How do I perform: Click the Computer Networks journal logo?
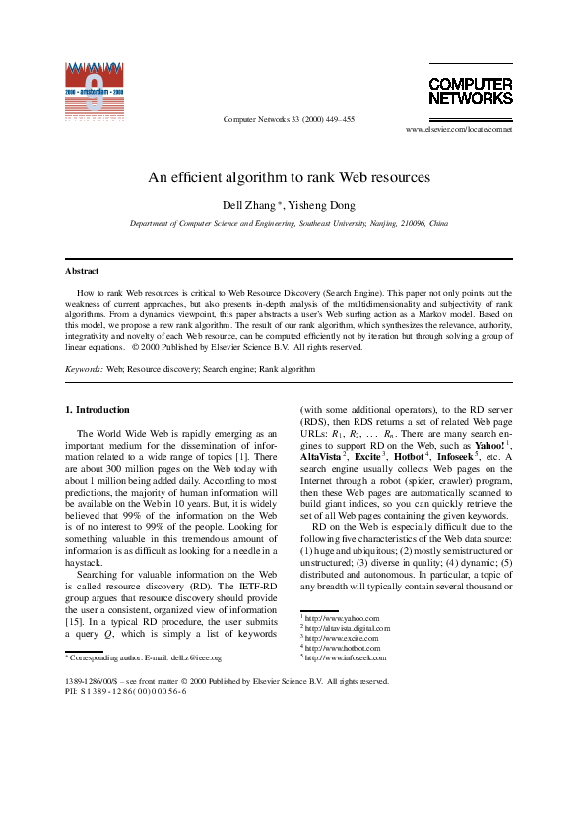click(471, 90)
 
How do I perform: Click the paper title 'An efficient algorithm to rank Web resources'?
click(290, 178)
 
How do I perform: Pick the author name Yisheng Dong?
click(324, 205)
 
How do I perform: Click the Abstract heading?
click(82, 271)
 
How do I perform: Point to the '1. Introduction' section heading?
click(97, 409)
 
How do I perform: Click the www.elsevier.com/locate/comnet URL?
click(459, 129)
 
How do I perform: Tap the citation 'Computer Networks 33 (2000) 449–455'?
click(290, 119)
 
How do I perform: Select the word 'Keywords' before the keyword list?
click(83, 369)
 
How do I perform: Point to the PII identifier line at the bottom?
click(125, 691)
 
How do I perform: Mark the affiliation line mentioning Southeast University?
click(290, 224)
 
